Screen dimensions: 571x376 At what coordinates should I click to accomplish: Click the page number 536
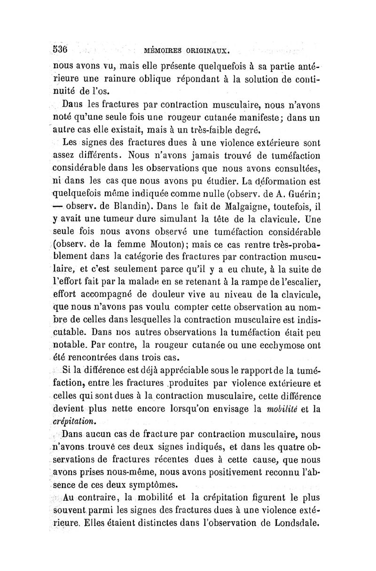(x=60, y=49)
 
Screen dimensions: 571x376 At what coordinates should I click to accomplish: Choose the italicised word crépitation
(x=72, y=422)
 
